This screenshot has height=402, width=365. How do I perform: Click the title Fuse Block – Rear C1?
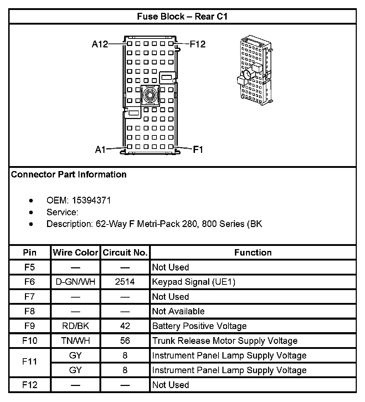coord(182,16)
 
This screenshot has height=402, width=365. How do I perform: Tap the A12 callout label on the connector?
coord(99,44)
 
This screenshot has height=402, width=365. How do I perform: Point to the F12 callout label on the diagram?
coord(197,44)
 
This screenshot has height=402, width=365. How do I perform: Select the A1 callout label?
coord(100,150)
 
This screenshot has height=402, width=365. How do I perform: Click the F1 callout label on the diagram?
coord(198,150)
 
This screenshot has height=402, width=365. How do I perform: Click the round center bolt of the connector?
coord(150,95)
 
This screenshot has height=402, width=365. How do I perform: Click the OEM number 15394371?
coord(91,200)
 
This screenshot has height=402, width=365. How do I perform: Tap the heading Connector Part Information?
coord(69,175)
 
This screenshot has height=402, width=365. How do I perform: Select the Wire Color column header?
coord(76,253)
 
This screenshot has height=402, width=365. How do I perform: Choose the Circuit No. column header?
coord(125,253)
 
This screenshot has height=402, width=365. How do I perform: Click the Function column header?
coord(253,253)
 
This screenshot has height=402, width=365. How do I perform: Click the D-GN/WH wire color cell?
coord(76,282)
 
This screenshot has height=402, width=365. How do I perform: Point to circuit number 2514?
coord(125,282)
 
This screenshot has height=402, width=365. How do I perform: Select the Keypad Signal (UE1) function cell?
coord(194,282)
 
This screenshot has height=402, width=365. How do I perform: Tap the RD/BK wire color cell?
coord(76,326)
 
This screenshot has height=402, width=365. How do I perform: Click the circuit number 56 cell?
coord(125,341)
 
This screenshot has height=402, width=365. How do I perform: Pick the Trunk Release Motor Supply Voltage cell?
coord(225,341)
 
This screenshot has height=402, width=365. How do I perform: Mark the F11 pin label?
coord(30,362)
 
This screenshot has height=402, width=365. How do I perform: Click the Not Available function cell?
coord(178,311)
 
